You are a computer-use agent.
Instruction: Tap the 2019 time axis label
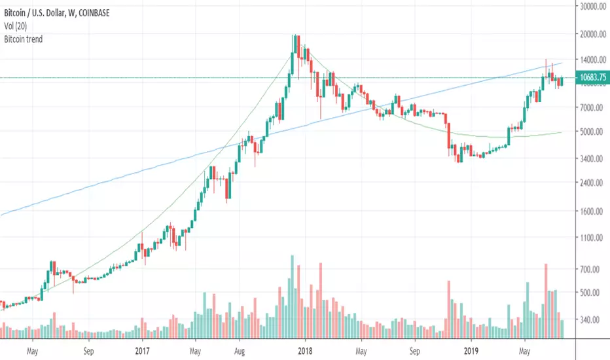[469, 350]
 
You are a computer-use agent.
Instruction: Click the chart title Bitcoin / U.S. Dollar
[46, 7]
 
